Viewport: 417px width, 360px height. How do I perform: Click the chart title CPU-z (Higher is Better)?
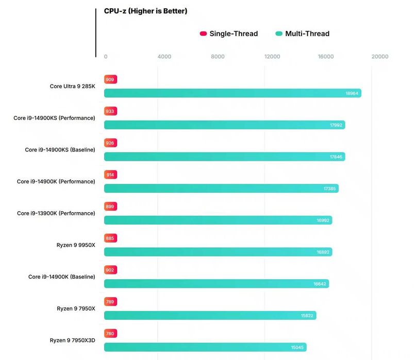pyautogui.click(x=145, y=11)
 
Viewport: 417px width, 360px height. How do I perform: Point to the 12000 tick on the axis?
pyautogui.click(x=272, y=57)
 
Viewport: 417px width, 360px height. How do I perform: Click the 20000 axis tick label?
pyautogui.click(x=380, y=57)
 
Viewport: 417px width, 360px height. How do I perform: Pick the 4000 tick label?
pyautogui.click(x=164, y=57)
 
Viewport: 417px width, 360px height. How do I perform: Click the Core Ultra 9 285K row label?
pyautogui.click(x=72, y=86)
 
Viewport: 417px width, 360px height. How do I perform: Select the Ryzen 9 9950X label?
pyautogui.click(x=76, y=245)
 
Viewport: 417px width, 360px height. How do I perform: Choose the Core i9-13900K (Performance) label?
pyautogui.click(x=56, y=213)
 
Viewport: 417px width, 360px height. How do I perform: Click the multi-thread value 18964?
pyautogui.click(x=352, y=93)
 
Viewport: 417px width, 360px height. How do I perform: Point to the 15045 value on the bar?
pyautogui.click(x=297, y=348)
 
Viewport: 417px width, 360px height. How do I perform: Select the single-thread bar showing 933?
pyautogui.click(x=110, y=111)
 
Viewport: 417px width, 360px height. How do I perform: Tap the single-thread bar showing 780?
pyautogui.click(x=110, y=333)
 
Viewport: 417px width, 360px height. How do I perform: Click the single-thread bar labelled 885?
pyautogui.click(x=110, y=238)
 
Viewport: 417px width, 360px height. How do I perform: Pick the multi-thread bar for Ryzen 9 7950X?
pyautogui.click(x=210, y=315)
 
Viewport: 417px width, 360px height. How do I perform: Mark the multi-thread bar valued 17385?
pyautogui.click(x=221, y=188)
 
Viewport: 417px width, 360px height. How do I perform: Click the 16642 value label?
pyautogui.click(x=320, y=284)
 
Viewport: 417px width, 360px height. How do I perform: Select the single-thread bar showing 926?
pyautogui.click(x=110, y=143)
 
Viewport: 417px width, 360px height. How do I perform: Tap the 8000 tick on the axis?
pyautogui.click(x=218, y=57)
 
